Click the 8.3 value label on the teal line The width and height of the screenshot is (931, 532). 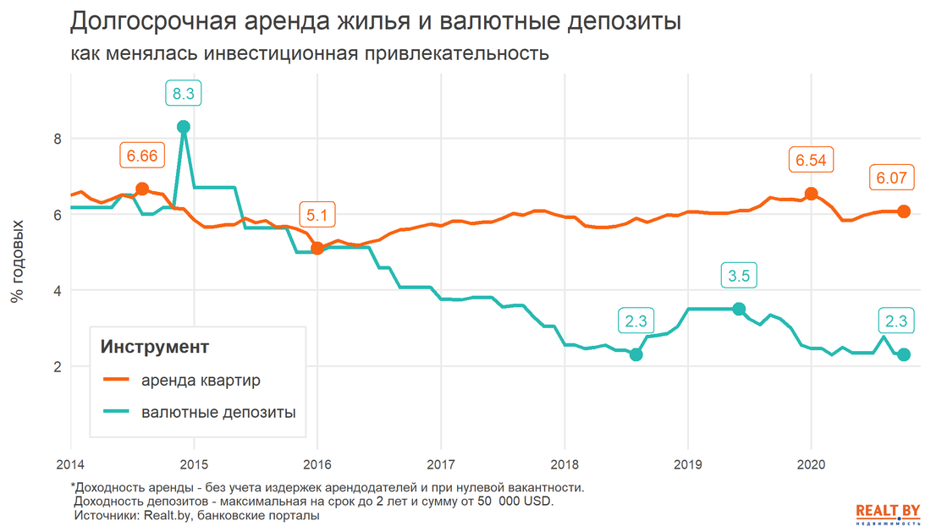point(183,95)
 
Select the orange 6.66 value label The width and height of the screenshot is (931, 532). point(141,156)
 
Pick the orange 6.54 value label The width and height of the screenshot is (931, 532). point(812,160)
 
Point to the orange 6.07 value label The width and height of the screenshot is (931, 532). point(891,178)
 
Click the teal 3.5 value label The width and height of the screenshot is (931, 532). point(739,276)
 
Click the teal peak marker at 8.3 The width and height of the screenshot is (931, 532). point(183,127)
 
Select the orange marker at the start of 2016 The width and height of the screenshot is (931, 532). point(317,248)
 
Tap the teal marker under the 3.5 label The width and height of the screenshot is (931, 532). point(739,309)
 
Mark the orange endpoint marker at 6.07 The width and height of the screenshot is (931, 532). point(903,211)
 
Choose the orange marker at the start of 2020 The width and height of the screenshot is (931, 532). point(812,193)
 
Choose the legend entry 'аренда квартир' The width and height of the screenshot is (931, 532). point(201,380)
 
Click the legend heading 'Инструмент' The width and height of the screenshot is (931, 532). point(155,347)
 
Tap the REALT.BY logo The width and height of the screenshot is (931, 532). point(888,513)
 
